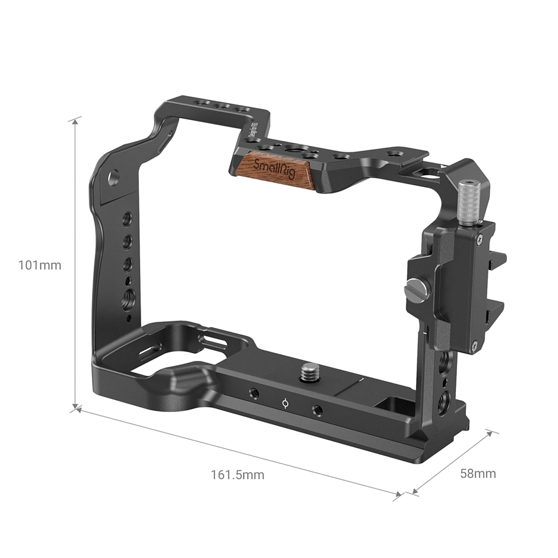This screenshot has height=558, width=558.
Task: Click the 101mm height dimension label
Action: pyautogui.click(x=40, y=265)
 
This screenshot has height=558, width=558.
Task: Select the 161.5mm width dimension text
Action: pyautogui.click(x=237, y=475)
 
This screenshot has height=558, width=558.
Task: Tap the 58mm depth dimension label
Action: pyautogui.click(x=478, y=473)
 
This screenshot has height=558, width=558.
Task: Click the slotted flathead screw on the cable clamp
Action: pyautogui.click(x=413, y=290)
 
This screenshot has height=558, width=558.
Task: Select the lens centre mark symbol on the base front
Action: pyautogui.click(x=286, y=404)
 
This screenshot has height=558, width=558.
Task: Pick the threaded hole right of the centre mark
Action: pyautogui.click(x=317, y=409)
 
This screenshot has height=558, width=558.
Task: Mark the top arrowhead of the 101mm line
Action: pyautogui.click(x=75, y=121)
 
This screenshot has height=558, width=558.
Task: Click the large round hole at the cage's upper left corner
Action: pyautogui.click(x=113, y=176)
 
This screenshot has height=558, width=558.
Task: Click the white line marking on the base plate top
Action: pyautogui.click(x=359, y=378)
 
